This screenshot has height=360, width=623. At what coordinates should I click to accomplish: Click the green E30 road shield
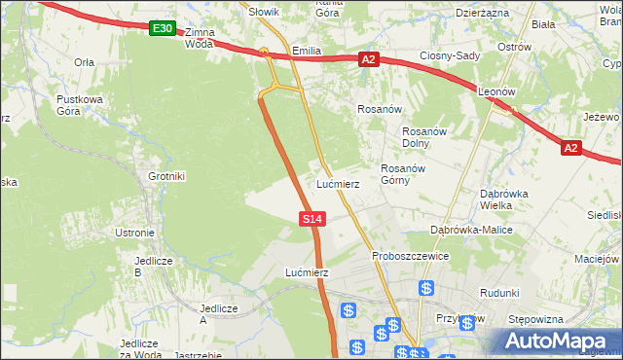[163, 30]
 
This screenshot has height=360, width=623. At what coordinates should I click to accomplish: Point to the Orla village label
[84, 61]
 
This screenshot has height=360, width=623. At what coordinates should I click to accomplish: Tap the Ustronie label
[134, 233]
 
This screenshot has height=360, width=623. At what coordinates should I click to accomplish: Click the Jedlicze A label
[218, 313]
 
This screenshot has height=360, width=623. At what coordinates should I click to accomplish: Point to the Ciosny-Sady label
[450, 55]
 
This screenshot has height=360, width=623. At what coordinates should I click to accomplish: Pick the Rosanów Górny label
[400, 174]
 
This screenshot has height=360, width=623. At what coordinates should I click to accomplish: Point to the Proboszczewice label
[410, 256]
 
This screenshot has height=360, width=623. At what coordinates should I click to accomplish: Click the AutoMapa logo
[558, 341]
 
